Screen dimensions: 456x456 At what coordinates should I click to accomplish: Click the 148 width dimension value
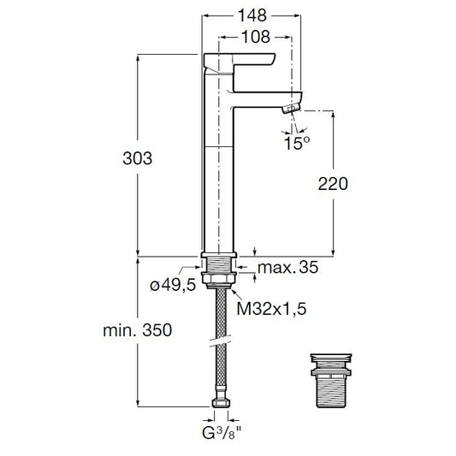[252, 15]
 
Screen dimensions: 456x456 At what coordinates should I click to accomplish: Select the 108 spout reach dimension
[256, 37]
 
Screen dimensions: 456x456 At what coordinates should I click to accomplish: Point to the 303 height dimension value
[137, 158]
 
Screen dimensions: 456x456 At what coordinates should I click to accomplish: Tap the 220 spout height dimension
[333, 184]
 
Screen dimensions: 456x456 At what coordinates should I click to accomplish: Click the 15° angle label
[297, 143]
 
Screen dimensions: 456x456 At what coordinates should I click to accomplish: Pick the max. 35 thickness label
[288, 267]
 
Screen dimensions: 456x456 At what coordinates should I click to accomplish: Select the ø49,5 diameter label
[173, 285]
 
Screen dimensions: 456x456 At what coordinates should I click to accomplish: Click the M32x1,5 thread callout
[271, 309]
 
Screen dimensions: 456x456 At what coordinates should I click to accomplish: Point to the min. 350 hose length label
[137, 330]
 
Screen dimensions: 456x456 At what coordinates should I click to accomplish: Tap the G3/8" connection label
[222, 433]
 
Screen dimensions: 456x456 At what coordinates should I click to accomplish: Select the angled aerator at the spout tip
[292, 109]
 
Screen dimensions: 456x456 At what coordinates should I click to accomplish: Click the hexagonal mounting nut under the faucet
[219, 278]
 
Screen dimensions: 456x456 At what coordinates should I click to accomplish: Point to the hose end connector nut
[221, 403]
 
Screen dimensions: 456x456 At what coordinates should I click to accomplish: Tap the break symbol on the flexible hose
[220, 341]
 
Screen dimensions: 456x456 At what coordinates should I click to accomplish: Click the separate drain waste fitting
[331, 381]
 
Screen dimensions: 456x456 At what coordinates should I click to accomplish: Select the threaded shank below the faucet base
[219, 265]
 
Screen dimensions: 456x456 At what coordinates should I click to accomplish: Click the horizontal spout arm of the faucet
[268, 100]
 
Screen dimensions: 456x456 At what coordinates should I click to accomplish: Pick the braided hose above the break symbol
[221, 312]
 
